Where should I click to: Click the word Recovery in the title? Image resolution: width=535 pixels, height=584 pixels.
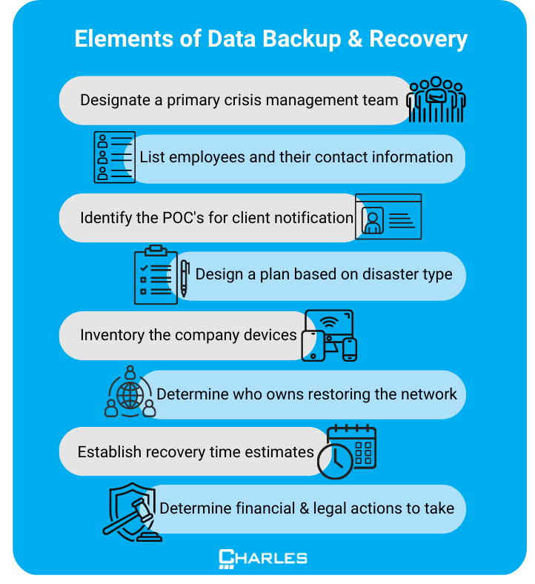pyautogui.click(x=418, y=39)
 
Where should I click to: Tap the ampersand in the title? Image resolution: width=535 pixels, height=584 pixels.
pyautogui.click(x=355, y=39)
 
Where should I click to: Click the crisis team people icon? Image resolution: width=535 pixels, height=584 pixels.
pyautogui.click(x=436, y=99)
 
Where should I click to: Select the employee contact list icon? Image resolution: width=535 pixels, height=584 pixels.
pyautogui.click(x=114, y=157)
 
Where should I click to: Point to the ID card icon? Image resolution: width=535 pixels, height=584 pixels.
pyautogui.click(x=388, y=216)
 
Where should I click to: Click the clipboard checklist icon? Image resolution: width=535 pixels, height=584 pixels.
pyautogui.click(x=156, y=274)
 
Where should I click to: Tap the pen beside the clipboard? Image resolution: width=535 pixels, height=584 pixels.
pyautogui.click(x=185, y=278)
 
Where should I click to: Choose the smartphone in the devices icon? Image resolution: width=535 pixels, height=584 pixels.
pyautogui.click(x=350, y=349)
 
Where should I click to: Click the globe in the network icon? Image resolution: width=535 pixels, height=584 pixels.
pyautogui.click(x=130, y=395)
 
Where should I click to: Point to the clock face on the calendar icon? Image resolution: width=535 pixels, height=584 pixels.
pyautogui.click(x=335, y=462)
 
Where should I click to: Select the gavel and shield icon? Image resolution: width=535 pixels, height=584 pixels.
pyautogui.click(x=132, y=512)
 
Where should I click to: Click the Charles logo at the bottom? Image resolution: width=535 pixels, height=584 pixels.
pyautogui.click(x=263, y=559)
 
